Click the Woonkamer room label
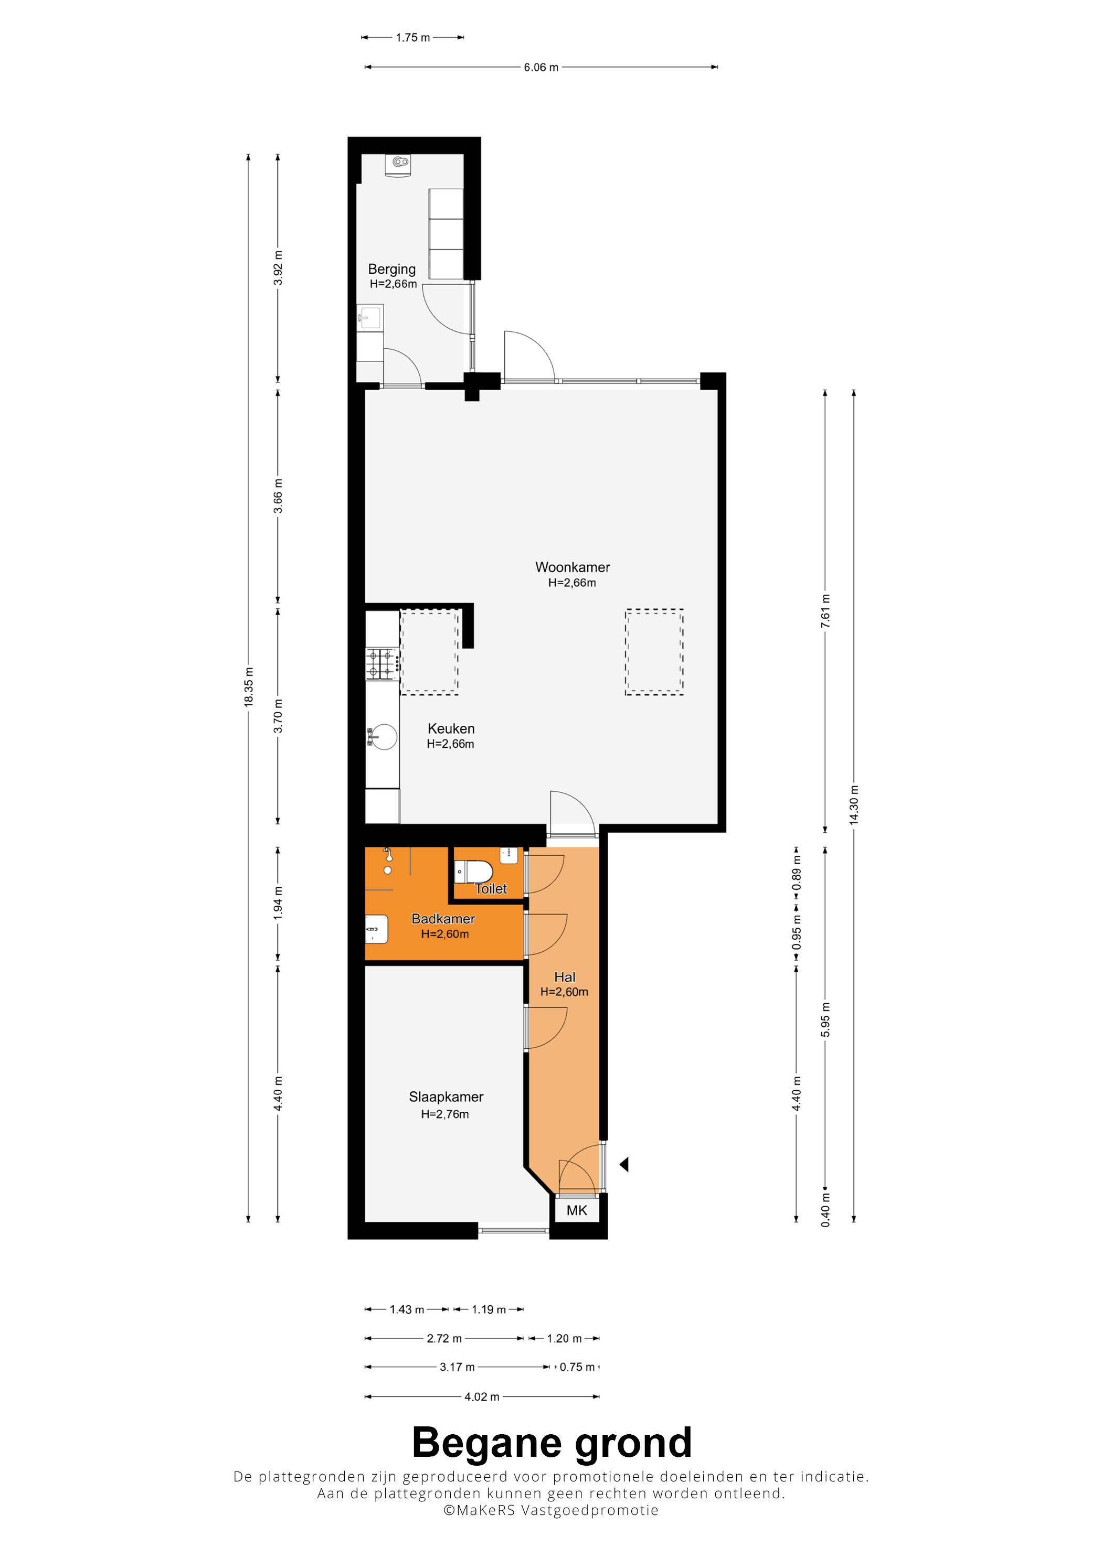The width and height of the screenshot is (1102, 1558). pyautogui.click(x=573, y=567)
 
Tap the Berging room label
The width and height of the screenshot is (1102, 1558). pyautogui.click(x=392, y=270)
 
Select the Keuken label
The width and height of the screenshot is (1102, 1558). pyautogui.click(x=451, y=729)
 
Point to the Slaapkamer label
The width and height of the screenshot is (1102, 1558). pyautogui.click(x=446, y=1097)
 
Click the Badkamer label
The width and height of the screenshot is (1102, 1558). pyautogui.click(x=443, y=919)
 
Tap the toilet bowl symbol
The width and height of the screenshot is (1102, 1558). pyautogui.click(x=473, y=871)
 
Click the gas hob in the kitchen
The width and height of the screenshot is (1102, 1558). pyautogui.click(x=382, y=664)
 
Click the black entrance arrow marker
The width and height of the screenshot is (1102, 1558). pyautogui.click(x=624, y=1164)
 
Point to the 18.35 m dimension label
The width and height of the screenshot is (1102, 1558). pyautogui.click(x=249, y=687)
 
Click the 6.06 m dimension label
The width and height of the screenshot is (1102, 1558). pyautogui.click(x=541, y=67)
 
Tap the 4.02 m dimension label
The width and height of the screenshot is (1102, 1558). pyautogui.click(x=482, y=1396)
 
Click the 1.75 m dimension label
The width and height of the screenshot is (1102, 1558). pyautogui.click(x=413, y=37)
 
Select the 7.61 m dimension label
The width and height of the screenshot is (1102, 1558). pyautogui.click(x=825, y=611)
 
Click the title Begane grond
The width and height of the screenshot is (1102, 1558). pyautogui.click(x=552, y=1443)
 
